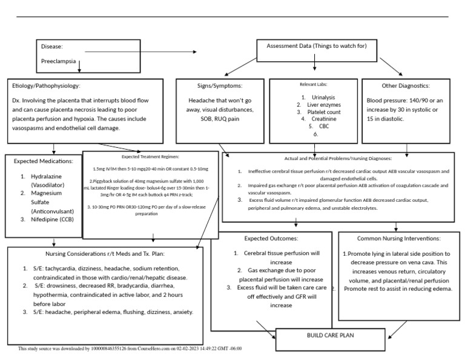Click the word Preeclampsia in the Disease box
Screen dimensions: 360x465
58,61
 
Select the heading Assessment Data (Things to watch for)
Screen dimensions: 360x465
317,45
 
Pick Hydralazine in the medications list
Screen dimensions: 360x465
48,176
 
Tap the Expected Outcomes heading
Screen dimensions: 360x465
271,238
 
